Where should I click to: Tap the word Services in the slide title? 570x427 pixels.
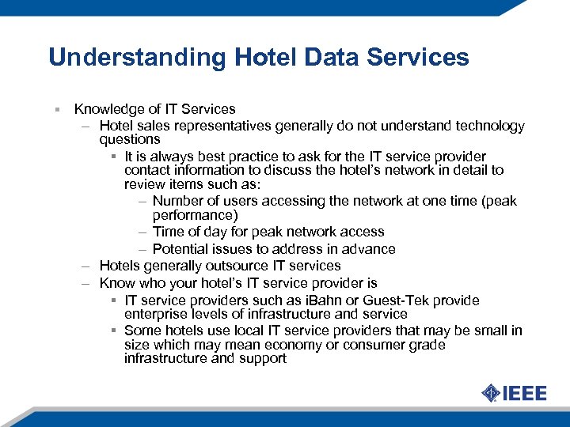tap(424, 58)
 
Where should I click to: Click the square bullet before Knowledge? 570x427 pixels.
tap(57, 110)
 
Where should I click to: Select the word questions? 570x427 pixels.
tap(130, 139)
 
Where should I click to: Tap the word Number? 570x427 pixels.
tap(178, 201)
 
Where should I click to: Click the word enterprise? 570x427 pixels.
tap(155, 314)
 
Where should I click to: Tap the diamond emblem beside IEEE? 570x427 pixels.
tap(491, 393)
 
